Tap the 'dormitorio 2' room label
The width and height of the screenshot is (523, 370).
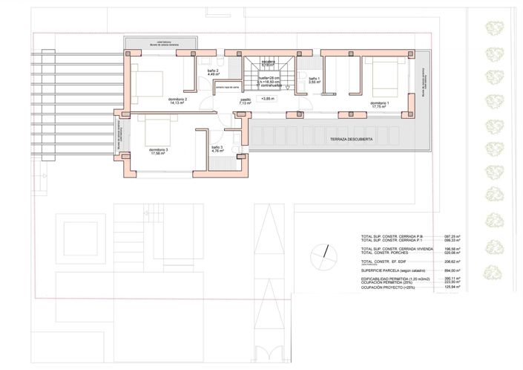173,100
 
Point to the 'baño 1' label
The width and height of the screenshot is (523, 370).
314,79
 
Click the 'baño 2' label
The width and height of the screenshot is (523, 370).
211,72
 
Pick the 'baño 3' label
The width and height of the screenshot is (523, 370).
217,149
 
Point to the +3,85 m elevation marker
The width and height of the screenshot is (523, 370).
268,98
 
